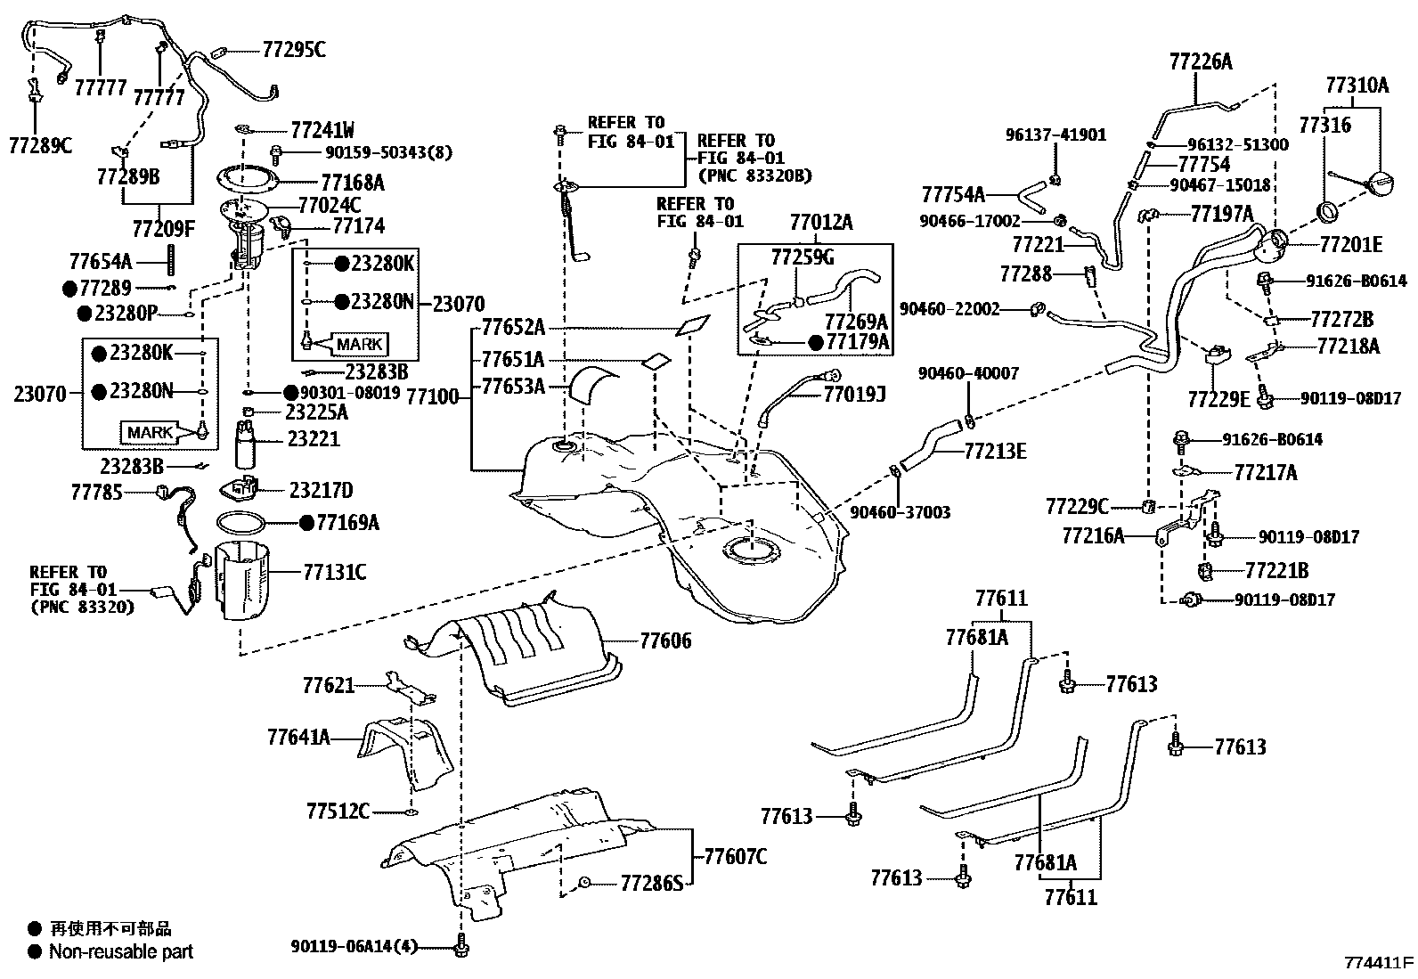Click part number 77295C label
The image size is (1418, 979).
pyautogui.click(x=293, y=49)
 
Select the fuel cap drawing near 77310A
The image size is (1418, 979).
pyautogui.click(x=1377, y=184)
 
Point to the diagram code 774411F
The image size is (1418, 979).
pyautogui.click(x=1379, y=963)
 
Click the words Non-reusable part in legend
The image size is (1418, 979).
pyautogui.click(x=121, y=951)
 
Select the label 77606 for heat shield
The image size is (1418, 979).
pyautogui.click(x=664, y=640)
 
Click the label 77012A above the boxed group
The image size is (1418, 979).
pyautogui.click(x=820, y=223)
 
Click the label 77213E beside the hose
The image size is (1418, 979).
pyautogui.click(x=995, y=452)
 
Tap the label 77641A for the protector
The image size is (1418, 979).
pyautogui.click(x=298, y=738)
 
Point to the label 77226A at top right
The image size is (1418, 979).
pyautogui.click(x=1201, y=61)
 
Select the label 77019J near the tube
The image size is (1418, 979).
pyautogui.click(x=854, y=392)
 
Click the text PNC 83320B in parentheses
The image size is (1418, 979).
pyautogui.click(x=754, y=175)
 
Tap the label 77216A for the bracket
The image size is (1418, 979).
pyautogui.click(x=1093, y=535)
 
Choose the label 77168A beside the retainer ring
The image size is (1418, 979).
pyautogui.click(x=352, y=183)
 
